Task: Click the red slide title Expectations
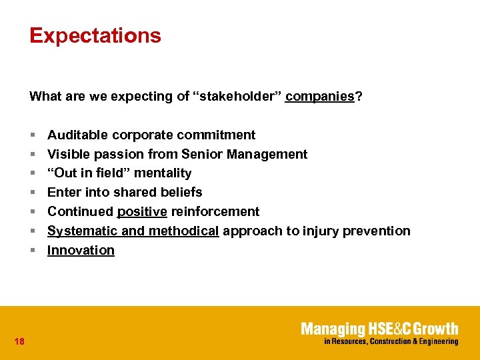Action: (95, 35)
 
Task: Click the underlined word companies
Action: (319, 96)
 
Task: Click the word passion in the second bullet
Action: (117, 155)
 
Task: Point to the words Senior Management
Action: (267, 155)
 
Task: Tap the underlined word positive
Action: (142, 211)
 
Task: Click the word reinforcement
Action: (215, 211)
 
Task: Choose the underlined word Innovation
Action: (81, 250)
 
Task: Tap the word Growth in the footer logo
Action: (436, 329)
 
